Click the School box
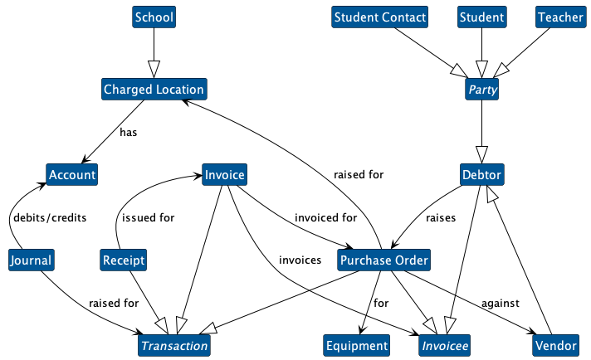[x=154, y=17]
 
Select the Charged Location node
[x=154, y=89]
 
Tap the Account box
[x=72, y=175]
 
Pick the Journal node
[x=31, y=260]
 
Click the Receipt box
[x=124, y=260]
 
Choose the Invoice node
[x=223, y=175]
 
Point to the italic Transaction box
[x=174, y=346]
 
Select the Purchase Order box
[x=384, y=260]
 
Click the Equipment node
[x=356, y=346]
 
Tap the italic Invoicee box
[x=445, y=346]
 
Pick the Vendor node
[x=555, y=346]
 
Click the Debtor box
[x=481, y=175]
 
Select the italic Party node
[x=481, y=89]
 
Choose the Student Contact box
[x=380, y=17]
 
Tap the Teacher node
[x=559, y=17]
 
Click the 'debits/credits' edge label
[x=50, y=218]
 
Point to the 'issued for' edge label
[x=149, y=218]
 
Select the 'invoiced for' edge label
[x=325, y=218]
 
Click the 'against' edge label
[x=501, y=303]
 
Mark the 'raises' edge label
[x=440, y=218]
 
